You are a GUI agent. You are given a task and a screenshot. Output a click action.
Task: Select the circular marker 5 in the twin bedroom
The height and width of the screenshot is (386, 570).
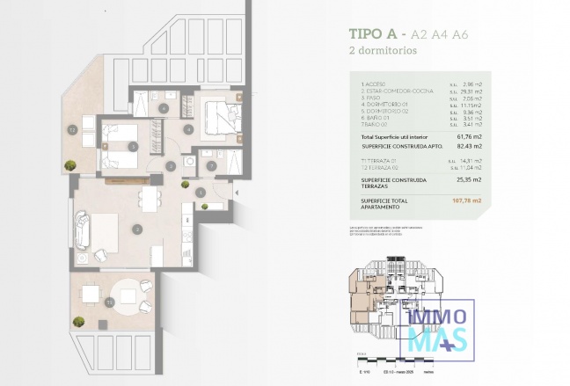tap(132, 146)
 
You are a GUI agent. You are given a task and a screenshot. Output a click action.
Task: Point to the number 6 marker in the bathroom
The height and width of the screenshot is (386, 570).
tap(164, 108)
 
